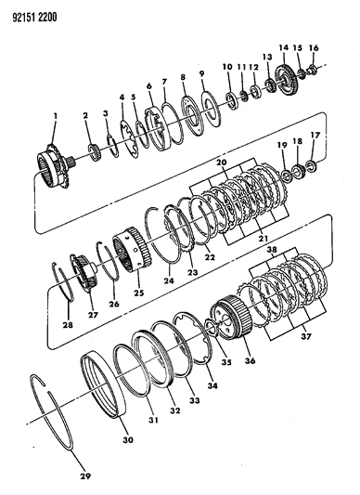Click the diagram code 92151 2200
34,17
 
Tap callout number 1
56,116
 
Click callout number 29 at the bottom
86,475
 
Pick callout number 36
250,360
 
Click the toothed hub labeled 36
233,318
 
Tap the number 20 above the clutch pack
221,163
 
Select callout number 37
305,336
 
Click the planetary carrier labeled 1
55,164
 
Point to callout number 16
314,48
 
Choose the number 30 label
128,439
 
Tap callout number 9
201,73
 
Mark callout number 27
94,314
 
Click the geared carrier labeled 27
84,272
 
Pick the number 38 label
272,250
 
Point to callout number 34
212,384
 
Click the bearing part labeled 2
94,152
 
